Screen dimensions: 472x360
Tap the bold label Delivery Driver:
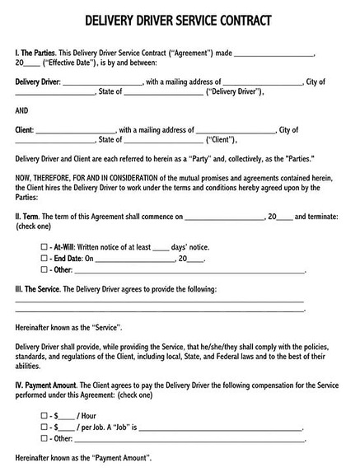tap(37, 82)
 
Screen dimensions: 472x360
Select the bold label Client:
tap(25, 129)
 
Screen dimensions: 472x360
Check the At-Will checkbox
tap(44, 246)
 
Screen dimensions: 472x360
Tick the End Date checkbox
tap(44, 258)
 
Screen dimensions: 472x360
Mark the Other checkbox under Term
tap(44, 269)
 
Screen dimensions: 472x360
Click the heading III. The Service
tap(44, 290)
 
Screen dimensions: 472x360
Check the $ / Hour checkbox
tap(44, 416)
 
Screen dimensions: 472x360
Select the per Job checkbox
tap(44, 428)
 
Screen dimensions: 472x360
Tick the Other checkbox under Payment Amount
tap(44, 440)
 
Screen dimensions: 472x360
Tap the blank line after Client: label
tap(75, 130)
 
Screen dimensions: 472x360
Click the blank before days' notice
tap(162, 246)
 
